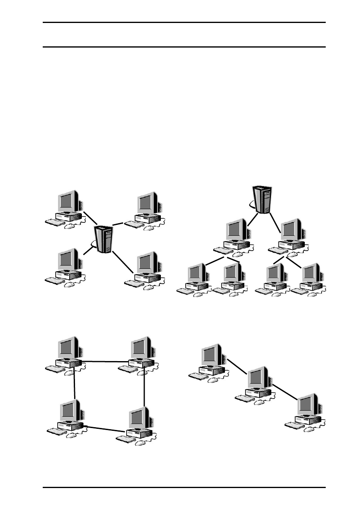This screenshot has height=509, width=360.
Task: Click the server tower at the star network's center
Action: [104, 239]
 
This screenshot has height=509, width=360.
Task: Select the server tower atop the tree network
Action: [262, 199]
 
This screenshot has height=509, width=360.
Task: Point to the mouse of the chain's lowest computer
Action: [309, 429]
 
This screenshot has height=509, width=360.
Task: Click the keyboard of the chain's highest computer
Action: [198, 376]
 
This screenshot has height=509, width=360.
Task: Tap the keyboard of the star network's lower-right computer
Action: [134, 283]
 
